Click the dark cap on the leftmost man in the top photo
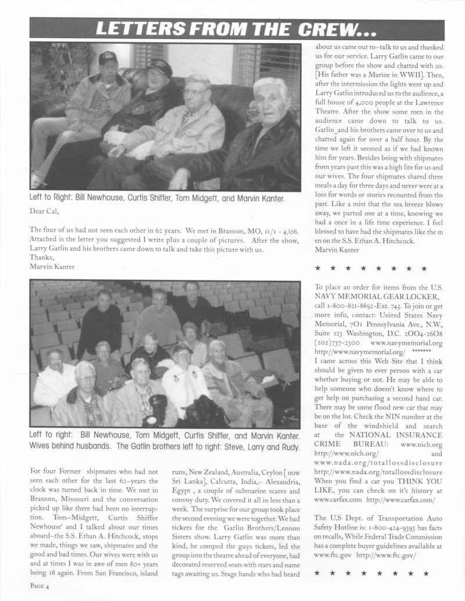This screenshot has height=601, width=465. (108, 58)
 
